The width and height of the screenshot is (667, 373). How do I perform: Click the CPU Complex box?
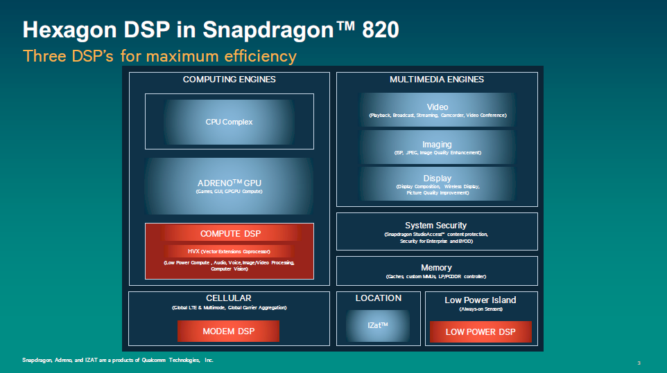click(229, 121)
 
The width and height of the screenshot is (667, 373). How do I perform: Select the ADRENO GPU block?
click(229, 186)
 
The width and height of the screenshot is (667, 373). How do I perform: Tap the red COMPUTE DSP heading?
click(231, 233)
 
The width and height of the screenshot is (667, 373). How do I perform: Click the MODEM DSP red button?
click(228, 331)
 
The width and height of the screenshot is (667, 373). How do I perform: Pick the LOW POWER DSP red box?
click(480, 332)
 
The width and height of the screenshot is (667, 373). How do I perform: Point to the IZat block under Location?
click(378, 325)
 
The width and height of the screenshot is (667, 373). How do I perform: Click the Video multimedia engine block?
click(438, 110)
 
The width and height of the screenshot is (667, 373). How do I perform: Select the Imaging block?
click(438, 147)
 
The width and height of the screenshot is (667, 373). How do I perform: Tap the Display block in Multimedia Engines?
click(438, 184)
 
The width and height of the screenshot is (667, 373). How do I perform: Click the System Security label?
click(436, 226)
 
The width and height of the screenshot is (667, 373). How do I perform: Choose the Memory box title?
click(436, 267)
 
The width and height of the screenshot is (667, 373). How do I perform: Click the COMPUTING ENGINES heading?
click(229, 80)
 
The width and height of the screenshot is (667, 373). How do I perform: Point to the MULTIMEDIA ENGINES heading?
click(437, 80)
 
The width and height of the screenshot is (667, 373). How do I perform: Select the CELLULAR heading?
click(229, 298)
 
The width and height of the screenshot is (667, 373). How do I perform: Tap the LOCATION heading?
click(378, 298)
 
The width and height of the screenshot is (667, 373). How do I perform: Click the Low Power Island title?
click(480, 300)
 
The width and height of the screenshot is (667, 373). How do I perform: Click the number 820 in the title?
click(381, 30)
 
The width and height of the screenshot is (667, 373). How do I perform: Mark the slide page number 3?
click(639, 363)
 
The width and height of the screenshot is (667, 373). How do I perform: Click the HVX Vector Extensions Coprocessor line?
click(229, 252)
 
